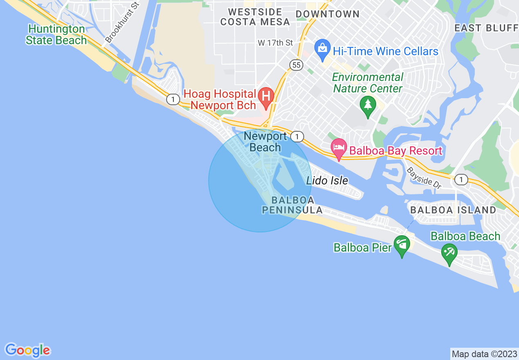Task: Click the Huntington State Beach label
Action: pos(56,35)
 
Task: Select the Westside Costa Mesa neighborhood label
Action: pos(255,17)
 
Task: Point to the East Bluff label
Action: pos(486,28)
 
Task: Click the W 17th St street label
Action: pos(275,43)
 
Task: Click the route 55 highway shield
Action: pos(296,65)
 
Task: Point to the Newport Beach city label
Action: pos(265,142)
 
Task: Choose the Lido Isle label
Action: pos(327,180)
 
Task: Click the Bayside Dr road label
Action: pos(424,178)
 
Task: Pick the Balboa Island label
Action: pos(453,210)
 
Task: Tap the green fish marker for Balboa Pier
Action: pos(402,245)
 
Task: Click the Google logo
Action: pos(27,350)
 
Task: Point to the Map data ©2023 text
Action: pos(484,353)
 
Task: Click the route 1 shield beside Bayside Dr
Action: pos(461,179)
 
